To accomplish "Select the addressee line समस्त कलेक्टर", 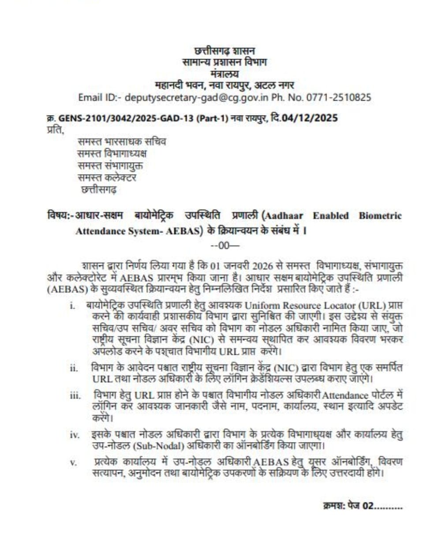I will (x=106, y=178).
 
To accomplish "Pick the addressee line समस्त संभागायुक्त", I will (x=110, y=166).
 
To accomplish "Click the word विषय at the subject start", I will (x=56, y=216).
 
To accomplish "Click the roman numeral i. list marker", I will (x=72, y=305).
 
